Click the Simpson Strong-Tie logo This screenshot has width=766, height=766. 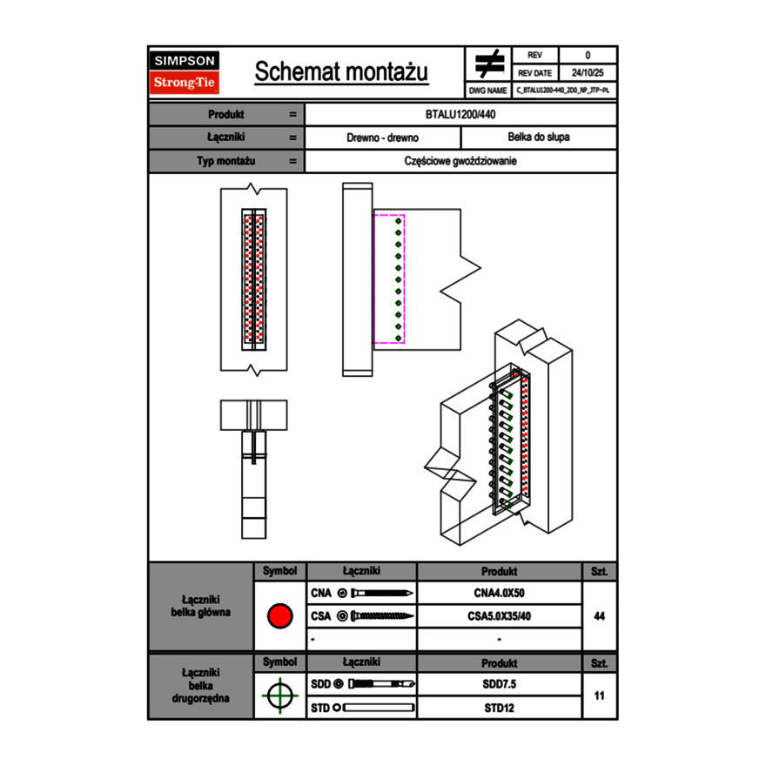[185, 72]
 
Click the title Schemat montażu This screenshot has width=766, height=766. [341, 72]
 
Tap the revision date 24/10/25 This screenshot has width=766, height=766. [588, 73]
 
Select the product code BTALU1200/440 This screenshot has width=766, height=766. [460, 115]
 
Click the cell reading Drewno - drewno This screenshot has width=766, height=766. [383, 138]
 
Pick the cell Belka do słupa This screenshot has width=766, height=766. [539, 138]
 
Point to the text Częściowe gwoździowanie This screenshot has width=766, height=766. [460, 161]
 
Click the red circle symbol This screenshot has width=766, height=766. [279, 616]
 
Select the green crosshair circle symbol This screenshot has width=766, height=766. [279, 695]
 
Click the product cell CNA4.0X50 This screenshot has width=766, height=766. [499, 594]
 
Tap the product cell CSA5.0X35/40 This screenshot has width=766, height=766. [499, 616]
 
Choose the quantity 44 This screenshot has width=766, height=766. [599, 616]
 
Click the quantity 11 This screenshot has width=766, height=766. [599, 695]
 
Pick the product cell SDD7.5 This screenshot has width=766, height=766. [499, 684]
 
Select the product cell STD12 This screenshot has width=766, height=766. [499, 708]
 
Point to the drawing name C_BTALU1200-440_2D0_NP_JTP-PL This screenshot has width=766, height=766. [563, 90]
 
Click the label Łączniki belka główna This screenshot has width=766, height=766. [201, 607]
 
